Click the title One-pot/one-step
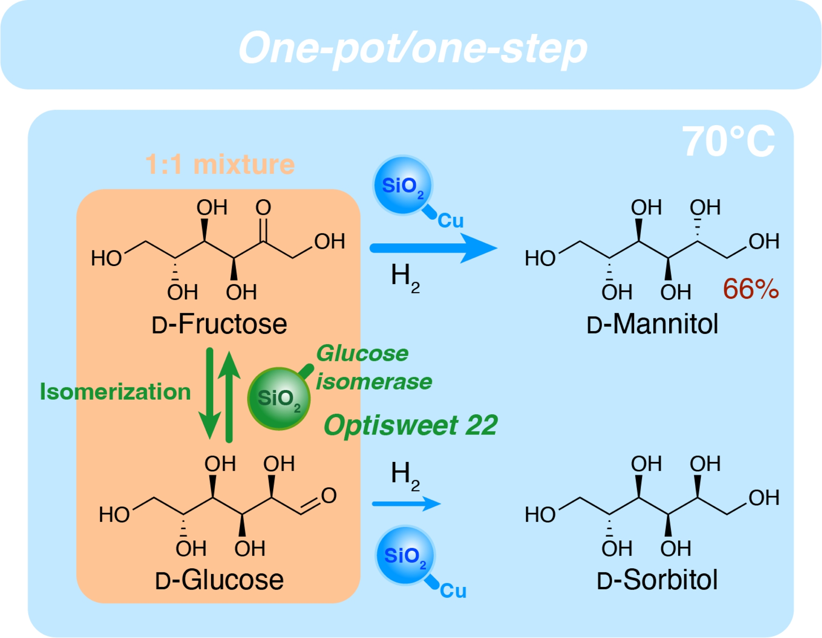click(412, 48)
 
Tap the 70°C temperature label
click(728, 141)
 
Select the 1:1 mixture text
click(220, 165)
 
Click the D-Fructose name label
click(219, 324)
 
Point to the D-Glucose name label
click(219, 580)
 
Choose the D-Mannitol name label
click(652, 324)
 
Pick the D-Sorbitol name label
click(657, 580)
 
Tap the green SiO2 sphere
click(279, 398)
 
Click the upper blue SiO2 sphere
click(402, 186)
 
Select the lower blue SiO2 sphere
click(405, 555)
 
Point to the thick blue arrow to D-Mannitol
click(432, 248)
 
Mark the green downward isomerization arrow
click(209, 394)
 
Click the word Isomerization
click(115, 392)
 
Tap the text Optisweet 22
click(410, 425)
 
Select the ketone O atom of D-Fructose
click(263, 208)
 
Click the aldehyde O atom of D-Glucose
click(328, 496)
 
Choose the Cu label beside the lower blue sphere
click(453, 591)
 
